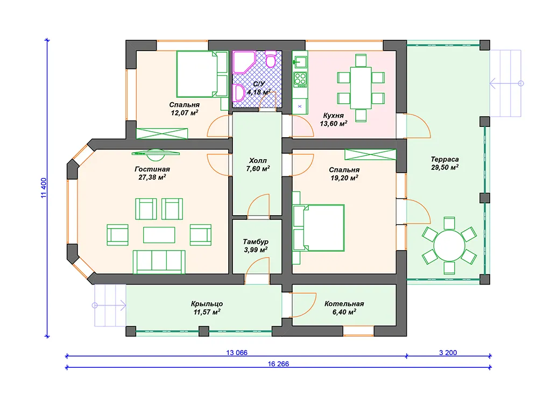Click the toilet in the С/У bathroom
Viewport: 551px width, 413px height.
pyautogui.click(x=271, y=59)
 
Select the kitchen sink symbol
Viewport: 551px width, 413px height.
pyautogui.click(x=300, y=62)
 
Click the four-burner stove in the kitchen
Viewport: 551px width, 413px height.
pyautogui.click(x=300, y=80)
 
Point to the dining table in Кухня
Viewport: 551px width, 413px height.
pyautogui.click(x=361, y=88)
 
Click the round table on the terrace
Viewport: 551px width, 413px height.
pyautogui.click(x=449, y=245)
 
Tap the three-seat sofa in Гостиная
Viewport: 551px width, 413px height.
pyautogui.click(x=159, y=262)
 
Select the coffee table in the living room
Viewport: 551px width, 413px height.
pyautogui.click(x=159, y=235)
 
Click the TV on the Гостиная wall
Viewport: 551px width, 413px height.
pyautogui.click(x=156, y=153)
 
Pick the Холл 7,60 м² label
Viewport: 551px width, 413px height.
pyautogui.click(x=258, y=165)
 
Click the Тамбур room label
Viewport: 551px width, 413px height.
pyautogui.click(x=256, y=241)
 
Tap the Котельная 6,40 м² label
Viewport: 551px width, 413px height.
pyautogui.click(x=344, y=308)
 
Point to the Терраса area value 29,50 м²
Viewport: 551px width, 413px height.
pyautogui.click(x=444, y=167)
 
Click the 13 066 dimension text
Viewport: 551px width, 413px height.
pyautogui.click(x=237, y=352)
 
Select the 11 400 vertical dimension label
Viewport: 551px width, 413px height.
pyautogui.click(x=44, y=188)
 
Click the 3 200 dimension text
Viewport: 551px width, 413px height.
pyautogui.click(x=448, y=352)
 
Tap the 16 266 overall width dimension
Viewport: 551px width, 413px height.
pyautogui.click(x=278, y=364)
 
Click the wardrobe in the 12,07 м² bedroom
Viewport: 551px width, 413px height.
pyautogui.click(x=162, y=134)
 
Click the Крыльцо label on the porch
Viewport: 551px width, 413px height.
pyautogui.click(x=207, y=304)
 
